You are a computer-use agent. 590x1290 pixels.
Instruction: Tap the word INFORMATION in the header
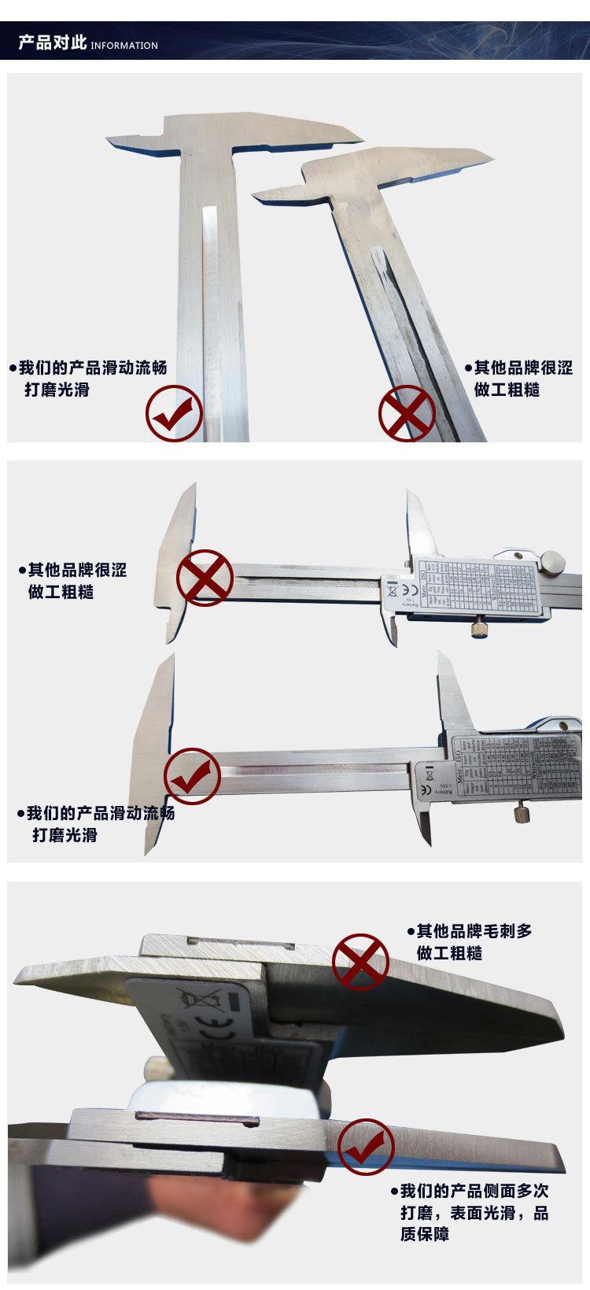[124, 46]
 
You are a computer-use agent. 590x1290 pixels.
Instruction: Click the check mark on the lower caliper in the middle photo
[191, 776]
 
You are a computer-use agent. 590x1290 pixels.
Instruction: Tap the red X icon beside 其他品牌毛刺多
[360, 959]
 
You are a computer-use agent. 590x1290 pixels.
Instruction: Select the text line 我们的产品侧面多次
[474, 1190]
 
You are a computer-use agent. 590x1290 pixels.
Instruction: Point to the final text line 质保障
[425, 1234]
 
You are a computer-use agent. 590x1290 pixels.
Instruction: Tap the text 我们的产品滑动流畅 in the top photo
[93, 368]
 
